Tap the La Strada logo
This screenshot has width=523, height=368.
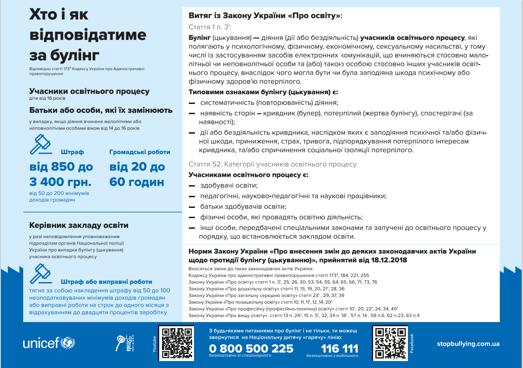[x=124, y=343]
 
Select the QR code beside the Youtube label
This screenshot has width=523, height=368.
[x=176, y=343]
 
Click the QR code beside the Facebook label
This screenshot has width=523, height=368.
[x=389, y=343]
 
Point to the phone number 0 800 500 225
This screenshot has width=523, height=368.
[x=251, y=349]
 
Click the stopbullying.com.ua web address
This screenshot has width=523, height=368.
[x=468, y=344]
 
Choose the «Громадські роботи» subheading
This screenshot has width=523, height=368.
[x=140, y=152]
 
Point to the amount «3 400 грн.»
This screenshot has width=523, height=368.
[x=60, y=181]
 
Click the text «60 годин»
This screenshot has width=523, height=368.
[x=137, y=181]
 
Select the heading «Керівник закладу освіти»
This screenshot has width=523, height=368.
[x=78, y=226]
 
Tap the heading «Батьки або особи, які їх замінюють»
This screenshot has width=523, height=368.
[x=101, y=110]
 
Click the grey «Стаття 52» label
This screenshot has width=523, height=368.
[x=204, y=164]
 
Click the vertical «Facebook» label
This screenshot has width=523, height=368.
[x=411, y=343]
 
